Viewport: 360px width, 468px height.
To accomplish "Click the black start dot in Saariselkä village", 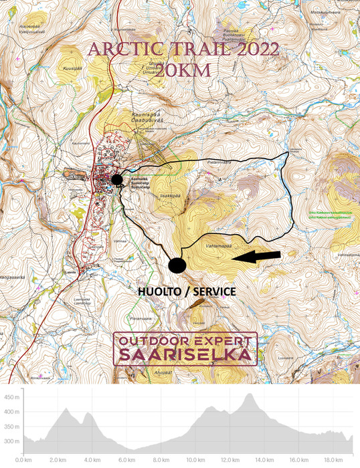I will pyautogui.click(x=117, y=179).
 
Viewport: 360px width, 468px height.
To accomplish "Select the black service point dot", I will pyautogui.click(x=177, y=265).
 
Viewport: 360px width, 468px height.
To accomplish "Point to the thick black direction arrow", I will pyautogui.click(x=256, y=255).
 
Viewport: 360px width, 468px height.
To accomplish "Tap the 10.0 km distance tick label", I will pyautogui.click(x=195, y=459).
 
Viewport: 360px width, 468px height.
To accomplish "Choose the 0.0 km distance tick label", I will pyautogui.click(x=23, y=459).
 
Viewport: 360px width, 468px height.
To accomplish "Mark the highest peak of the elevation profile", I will pyautogui.click(x=250, y=394).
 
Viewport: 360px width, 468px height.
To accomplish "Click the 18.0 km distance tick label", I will pyautogui.click(x=333, y=459).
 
